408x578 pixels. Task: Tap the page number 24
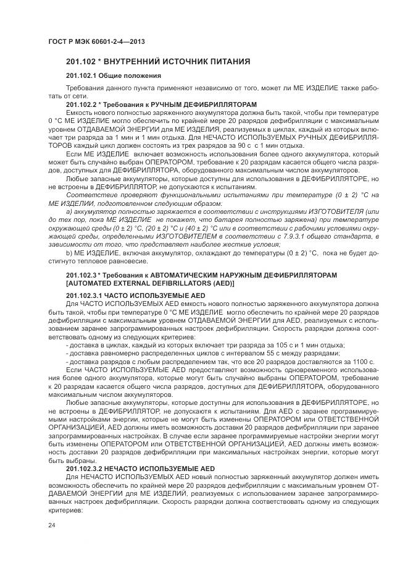click(x=51, y=525)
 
